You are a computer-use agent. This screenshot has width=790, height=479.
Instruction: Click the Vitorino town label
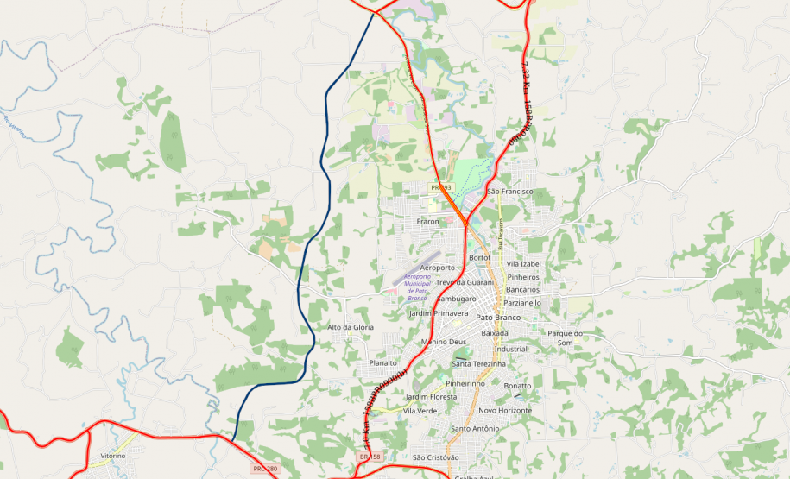click(x=113, y=456)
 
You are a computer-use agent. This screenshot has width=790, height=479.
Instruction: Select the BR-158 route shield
click(x=370, y=456)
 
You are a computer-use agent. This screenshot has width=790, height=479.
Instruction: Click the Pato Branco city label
click(x=499, y=318)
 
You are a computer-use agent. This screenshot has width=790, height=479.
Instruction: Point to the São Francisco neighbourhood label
click(x=510, y=191)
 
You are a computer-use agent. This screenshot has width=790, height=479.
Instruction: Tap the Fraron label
click(x=428, y=222)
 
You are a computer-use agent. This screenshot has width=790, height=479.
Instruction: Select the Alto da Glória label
click(x=351, y=327)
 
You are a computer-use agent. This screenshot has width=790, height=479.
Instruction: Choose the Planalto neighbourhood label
click(x=382, y=363)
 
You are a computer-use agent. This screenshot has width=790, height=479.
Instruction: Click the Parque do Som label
click(x=566, y=337)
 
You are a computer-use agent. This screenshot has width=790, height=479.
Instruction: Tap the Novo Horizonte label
click(x=505, y=410)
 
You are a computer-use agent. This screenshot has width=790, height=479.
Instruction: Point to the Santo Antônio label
click(x=475, y=428)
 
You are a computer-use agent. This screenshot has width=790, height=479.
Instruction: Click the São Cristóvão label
click(x=436, y=457)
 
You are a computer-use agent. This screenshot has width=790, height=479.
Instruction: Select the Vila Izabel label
click(x=523, y=263)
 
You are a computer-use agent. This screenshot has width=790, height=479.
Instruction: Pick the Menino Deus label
click(x=444, y=342)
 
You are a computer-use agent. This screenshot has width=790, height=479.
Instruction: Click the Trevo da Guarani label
click(x=465, y=282)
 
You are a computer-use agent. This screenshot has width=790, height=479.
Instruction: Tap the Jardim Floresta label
click(x=431, y=396)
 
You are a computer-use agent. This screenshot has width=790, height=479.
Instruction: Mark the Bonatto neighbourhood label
click(x=517, y=385)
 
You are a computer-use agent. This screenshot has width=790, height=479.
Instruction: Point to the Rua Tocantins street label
click(x=500, y=233)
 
